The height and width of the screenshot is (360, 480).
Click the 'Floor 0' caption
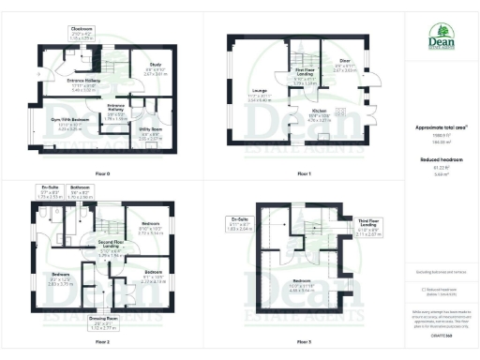click(102, 172)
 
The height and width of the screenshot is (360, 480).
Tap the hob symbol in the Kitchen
click(339, 110)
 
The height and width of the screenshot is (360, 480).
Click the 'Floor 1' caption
click(304, 172)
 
